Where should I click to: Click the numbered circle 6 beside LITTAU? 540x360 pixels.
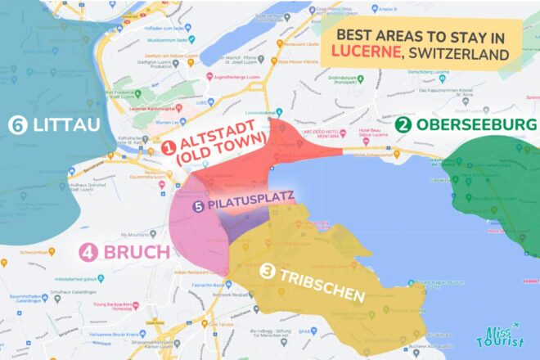click(x=16, y=126)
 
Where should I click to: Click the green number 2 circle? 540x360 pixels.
click(x=403, y=125)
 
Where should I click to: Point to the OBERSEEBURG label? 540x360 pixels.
click(x=476, y=125)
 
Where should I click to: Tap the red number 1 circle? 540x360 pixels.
click(x=169, y=147)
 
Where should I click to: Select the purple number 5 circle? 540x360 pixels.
click(x=198, y=207)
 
